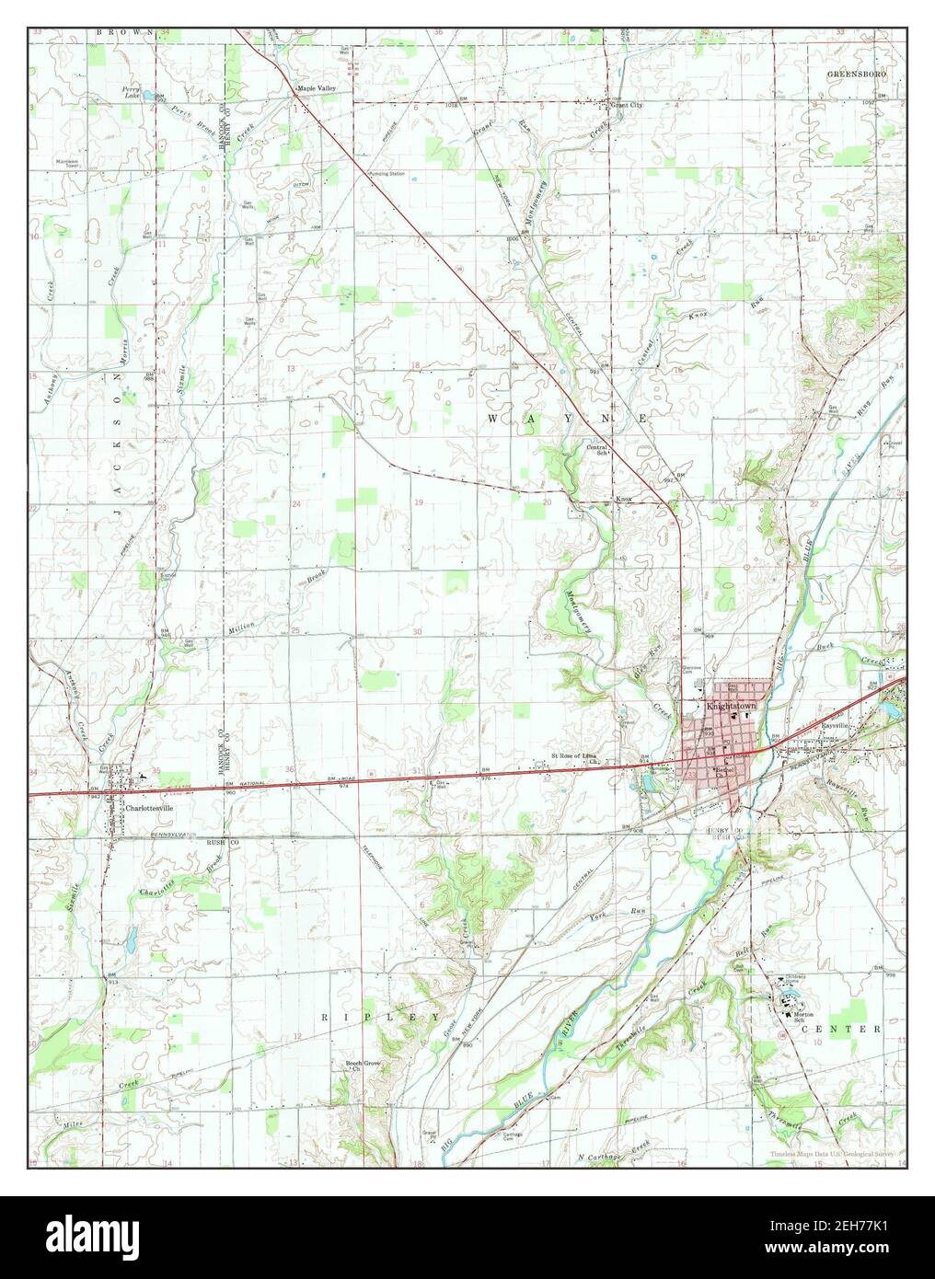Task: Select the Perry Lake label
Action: pyautogui.click(x=133, y=92)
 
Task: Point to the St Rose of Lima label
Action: pyautogui.click(x=575, y=756)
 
